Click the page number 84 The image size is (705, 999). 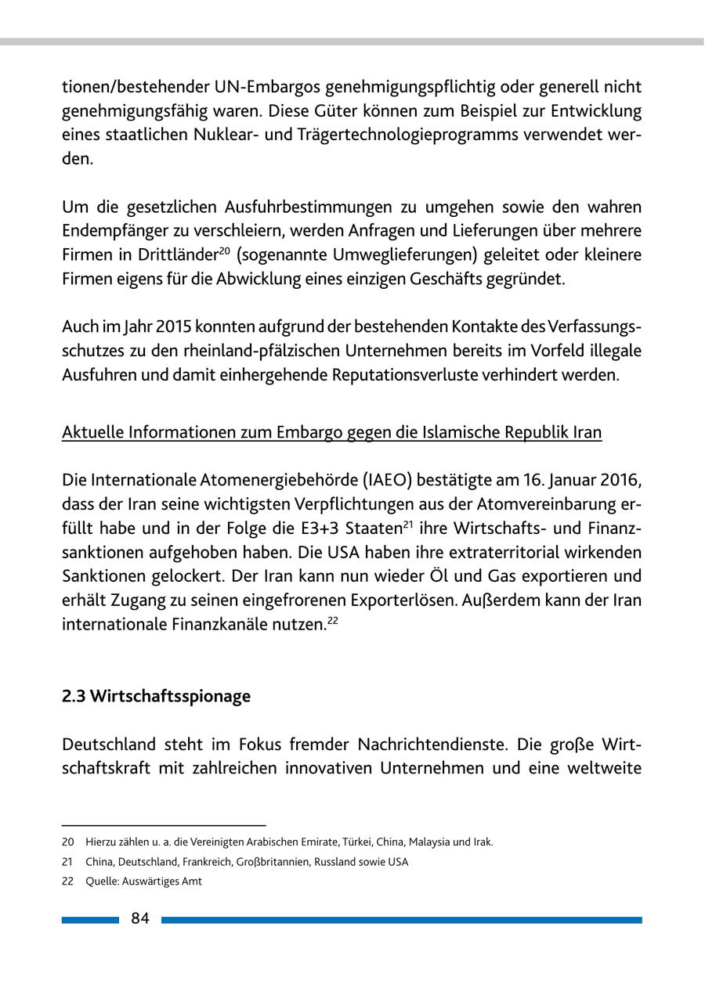(x=140, y=919)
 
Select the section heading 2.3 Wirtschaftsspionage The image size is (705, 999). (x=156, y=696)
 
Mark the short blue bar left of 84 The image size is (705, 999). (x=90, y=920)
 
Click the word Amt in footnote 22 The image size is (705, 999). (x=192, y=881)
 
